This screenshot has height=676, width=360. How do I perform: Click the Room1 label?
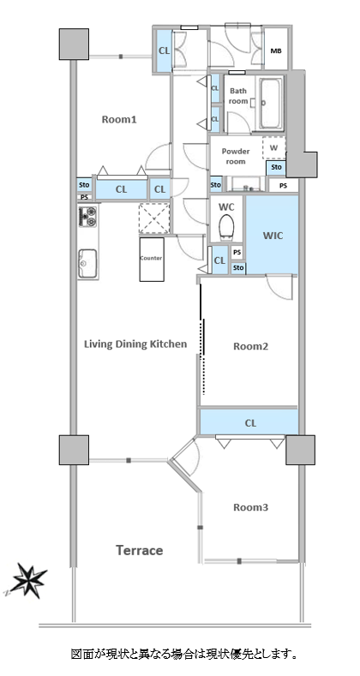coord(119,119)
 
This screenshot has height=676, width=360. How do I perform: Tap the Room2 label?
coord(250,346)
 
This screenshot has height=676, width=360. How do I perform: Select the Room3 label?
coord(250,507)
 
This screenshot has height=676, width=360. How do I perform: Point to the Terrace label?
coord(139,550)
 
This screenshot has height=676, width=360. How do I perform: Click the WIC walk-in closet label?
coord(273,236)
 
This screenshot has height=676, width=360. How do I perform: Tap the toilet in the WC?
coord(226,227)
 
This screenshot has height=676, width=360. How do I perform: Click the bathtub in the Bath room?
coord(270,103)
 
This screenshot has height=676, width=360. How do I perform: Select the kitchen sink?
coord(87,263)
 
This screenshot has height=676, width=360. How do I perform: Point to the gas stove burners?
coord(87,217)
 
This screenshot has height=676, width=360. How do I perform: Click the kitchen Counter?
coord(152,259)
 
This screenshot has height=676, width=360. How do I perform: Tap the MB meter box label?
coord(276,51)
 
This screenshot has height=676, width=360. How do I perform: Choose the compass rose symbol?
coord(28,580)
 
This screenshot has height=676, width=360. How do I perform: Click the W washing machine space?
coord(273,148)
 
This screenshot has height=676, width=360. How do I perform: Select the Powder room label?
coord(236,156)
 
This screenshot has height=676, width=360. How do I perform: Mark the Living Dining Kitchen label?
coord(135,344)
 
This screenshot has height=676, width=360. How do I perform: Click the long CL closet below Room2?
coord(249,422)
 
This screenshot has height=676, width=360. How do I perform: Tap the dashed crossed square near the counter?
coord(154,218)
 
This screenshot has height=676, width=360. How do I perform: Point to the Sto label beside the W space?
coord(276,167)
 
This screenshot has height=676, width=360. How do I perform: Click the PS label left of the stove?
coord(84,197)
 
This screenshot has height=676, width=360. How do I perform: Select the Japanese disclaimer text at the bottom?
coord(184,654)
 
